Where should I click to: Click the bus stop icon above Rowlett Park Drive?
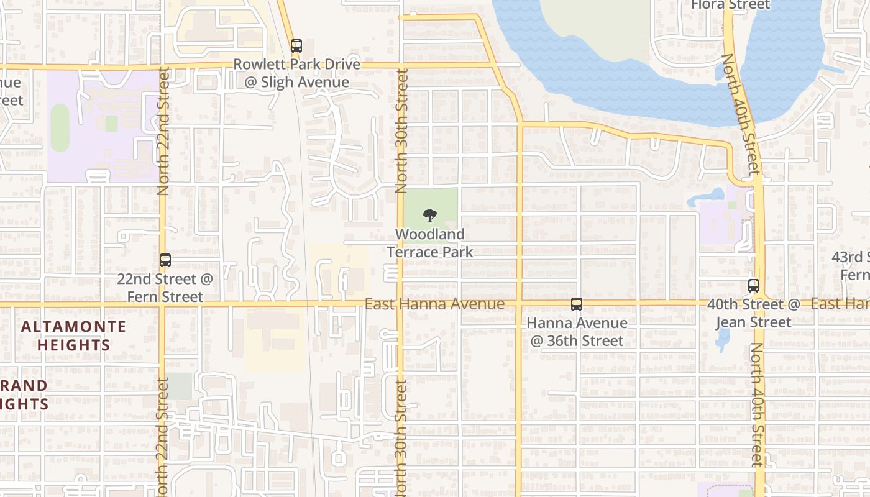[296, 45]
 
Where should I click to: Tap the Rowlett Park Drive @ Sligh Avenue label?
[296, 73]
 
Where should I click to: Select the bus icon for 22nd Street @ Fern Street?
[165, 260]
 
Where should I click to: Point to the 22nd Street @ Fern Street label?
[165, 288]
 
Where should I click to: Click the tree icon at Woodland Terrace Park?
[429, 216]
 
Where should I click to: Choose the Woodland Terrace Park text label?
[430, 243]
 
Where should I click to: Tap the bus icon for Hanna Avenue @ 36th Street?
[577, 304]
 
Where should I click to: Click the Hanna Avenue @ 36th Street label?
[577, 332]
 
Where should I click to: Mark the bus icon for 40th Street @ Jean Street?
[754, 286]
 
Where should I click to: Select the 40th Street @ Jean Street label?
[753, 313]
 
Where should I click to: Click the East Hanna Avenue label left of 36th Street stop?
[434, 304]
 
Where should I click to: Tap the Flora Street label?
[730, 6]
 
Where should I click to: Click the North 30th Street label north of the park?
[402, 130]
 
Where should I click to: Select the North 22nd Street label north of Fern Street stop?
[164, 132]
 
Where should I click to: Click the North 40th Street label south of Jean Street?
[756, 404]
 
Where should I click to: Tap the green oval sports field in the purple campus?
[60, 127]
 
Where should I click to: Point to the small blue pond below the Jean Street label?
[722, 339]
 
